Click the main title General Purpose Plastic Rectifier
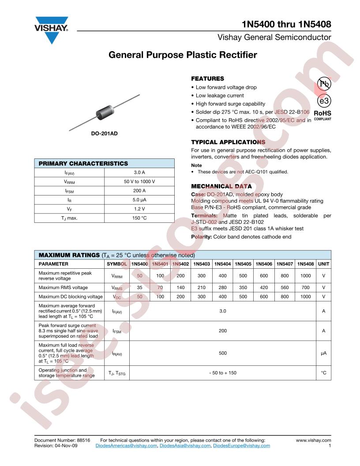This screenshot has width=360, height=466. [183, 55]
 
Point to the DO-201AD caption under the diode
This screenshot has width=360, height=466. [105, 133]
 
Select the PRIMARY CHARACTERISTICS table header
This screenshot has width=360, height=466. [83, 163]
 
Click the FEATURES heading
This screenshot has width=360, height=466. [207, 79]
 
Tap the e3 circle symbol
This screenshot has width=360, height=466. [324, 101]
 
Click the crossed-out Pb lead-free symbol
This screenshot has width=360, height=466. [324, 84]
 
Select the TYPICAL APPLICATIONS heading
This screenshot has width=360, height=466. [228, 142]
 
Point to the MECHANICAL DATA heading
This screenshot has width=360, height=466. [221, 186]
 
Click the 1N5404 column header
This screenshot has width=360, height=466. [222, 264]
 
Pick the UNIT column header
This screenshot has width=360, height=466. [324, 264]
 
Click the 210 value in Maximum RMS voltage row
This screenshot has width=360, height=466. [202, 287]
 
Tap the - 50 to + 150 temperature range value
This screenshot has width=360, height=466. [223, 373]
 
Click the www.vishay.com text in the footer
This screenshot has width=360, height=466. [313, 440]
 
